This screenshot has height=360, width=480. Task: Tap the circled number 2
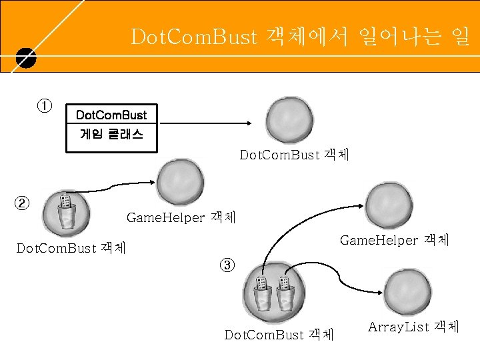[x=23, y=203]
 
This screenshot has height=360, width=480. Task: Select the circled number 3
[x=227, y=265]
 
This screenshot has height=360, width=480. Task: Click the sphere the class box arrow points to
[x=288, y=121]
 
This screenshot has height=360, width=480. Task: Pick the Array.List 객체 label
[x=413, y=327]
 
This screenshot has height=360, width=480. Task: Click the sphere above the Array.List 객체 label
[x=407, y=291]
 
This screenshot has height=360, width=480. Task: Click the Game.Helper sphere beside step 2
[x=180, y=183]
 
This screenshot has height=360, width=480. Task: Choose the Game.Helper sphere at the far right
[x=389, y=206]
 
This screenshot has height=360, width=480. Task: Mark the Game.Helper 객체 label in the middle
[x=179, y=217]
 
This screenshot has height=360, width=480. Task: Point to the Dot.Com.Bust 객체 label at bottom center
[x=279, y=334]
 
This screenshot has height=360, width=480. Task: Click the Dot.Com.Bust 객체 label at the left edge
[x=70, y=249]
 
